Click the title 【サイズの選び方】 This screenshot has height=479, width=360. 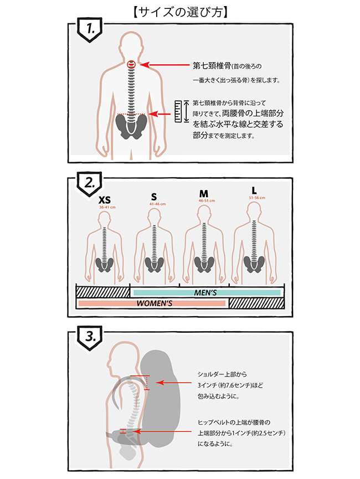click(x=180, y=11)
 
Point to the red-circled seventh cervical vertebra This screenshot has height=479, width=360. click(x=131, y=65)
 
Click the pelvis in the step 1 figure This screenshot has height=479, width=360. click(x=131, y=126)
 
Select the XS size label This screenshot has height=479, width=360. click(x=105, y=199)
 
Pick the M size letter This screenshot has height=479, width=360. click(x=203, y=194)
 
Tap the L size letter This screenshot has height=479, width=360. click(x=254, y=190)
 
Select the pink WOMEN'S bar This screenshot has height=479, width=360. click(x=153, y=303)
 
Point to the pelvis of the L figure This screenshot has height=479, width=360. click(x=254, y=264)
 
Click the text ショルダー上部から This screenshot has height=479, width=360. click(x=222, y=374)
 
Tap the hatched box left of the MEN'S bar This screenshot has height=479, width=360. click(x=102, y=292)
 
